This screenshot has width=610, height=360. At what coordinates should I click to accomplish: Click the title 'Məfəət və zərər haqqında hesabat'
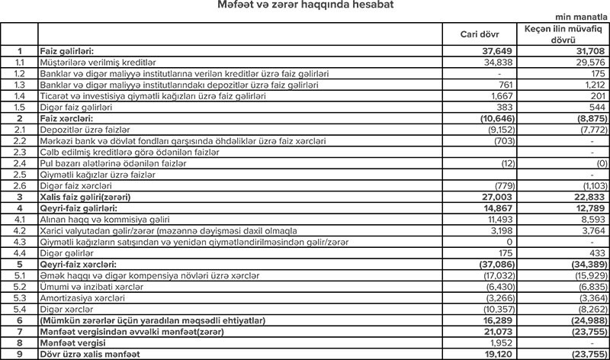[x=305, y=7]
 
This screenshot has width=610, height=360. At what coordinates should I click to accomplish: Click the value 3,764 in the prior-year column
[x=589, y=230]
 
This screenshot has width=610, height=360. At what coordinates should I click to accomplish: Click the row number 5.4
[x=20, y=309]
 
